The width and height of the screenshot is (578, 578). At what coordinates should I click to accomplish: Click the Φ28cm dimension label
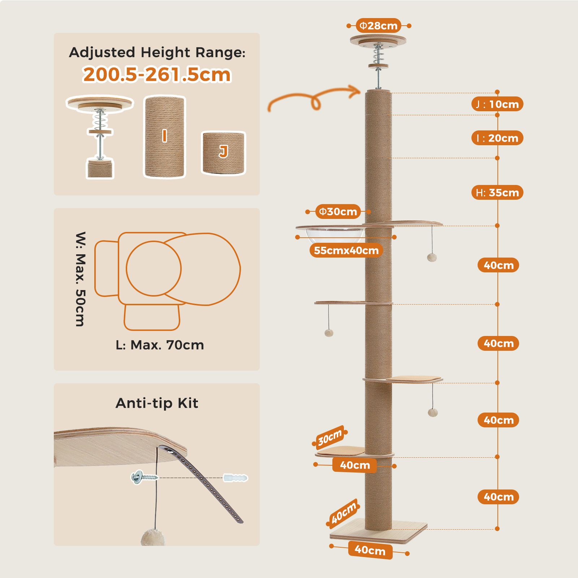(378, 26)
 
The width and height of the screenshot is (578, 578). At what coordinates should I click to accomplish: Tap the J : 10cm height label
(497, 104)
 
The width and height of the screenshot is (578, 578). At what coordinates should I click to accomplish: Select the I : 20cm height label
(497, 138)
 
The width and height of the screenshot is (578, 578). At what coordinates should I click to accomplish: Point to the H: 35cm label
(497, 193)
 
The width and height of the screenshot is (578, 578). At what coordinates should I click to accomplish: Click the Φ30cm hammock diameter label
(338, 211)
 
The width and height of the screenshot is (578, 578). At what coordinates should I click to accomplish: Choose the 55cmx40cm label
(346, 250)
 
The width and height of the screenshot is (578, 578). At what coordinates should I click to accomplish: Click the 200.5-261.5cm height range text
(157, 75)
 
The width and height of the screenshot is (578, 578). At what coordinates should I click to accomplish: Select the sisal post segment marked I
(165, 137)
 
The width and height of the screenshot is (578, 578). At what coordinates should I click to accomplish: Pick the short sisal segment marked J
(223, 152)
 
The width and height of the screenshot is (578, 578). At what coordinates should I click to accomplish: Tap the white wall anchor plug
(235, 478)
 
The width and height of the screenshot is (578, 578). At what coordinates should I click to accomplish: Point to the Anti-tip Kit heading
(157, 403)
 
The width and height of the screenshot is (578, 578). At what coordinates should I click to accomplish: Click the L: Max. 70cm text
(160, 345)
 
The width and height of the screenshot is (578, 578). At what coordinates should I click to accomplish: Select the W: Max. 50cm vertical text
(80, 279)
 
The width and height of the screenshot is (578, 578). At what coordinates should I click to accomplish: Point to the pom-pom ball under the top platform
(432, 257)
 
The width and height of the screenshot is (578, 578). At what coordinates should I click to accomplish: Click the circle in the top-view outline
(154, 268)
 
